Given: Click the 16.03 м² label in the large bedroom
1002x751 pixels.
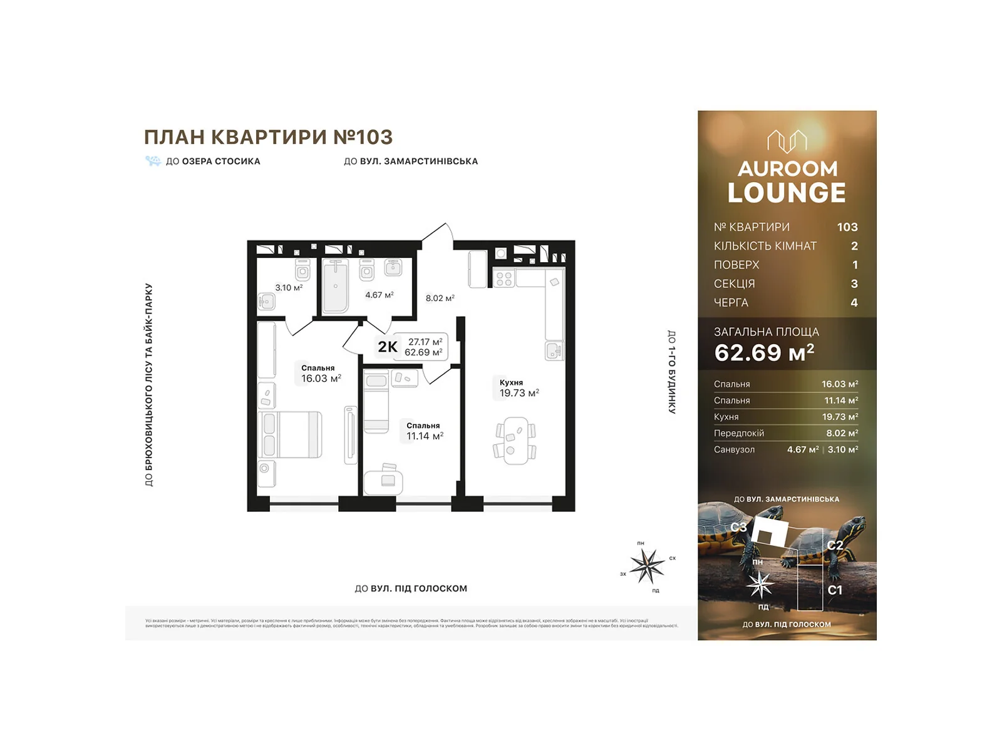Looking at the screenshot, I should (x=321, y=379).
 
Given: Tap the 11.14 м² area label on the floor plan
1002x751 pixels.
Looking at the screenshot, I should (x=425, y=436).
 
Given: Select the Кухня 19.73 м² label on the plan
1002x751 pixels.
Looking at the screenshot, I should (x=519, y=388).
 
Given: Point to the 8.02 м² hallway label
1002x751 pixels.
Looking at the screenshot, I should (x=440, y=299).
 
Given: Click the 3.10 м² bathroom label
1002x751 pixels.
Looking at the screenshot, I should (x=289, y=288).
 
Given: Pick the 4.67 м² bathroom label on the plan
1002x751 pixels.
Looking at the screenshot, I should (x=379, y=295).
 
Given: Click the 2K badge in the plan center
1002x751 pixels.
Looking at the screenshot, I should (x=388, y=347).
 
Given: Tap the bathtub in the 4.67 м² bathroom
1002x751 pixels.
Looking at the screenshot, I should (x=336, y=286).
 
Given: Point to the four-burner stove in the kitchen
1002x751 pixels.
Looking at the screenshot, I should (x=504, y=279).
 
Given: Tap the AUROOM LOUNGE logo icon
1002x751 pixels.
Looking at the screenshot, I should (x=787, y=141).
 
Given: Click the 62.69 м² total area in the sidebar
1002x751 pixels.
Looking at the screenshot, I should (x=764, y=353).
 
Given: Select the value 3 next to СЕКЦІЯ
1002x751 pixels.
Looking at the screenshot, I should (x=854, y=284).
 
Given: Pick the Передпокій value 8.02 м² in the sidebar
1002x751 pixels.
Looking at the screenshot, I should (x=842, y=433).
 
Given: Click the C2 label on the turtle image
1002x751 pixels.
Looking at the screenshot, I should (x=834, y=545).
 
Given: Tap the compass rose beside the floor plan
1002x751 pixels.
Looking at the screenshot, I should (x=648, y=566).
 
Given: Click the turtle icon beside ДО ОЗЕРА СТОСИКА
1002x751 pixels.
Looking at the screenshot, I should (x=153, y=161).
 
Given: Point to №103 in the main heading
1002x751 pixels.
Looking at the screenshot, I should (x=363, y=137).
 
